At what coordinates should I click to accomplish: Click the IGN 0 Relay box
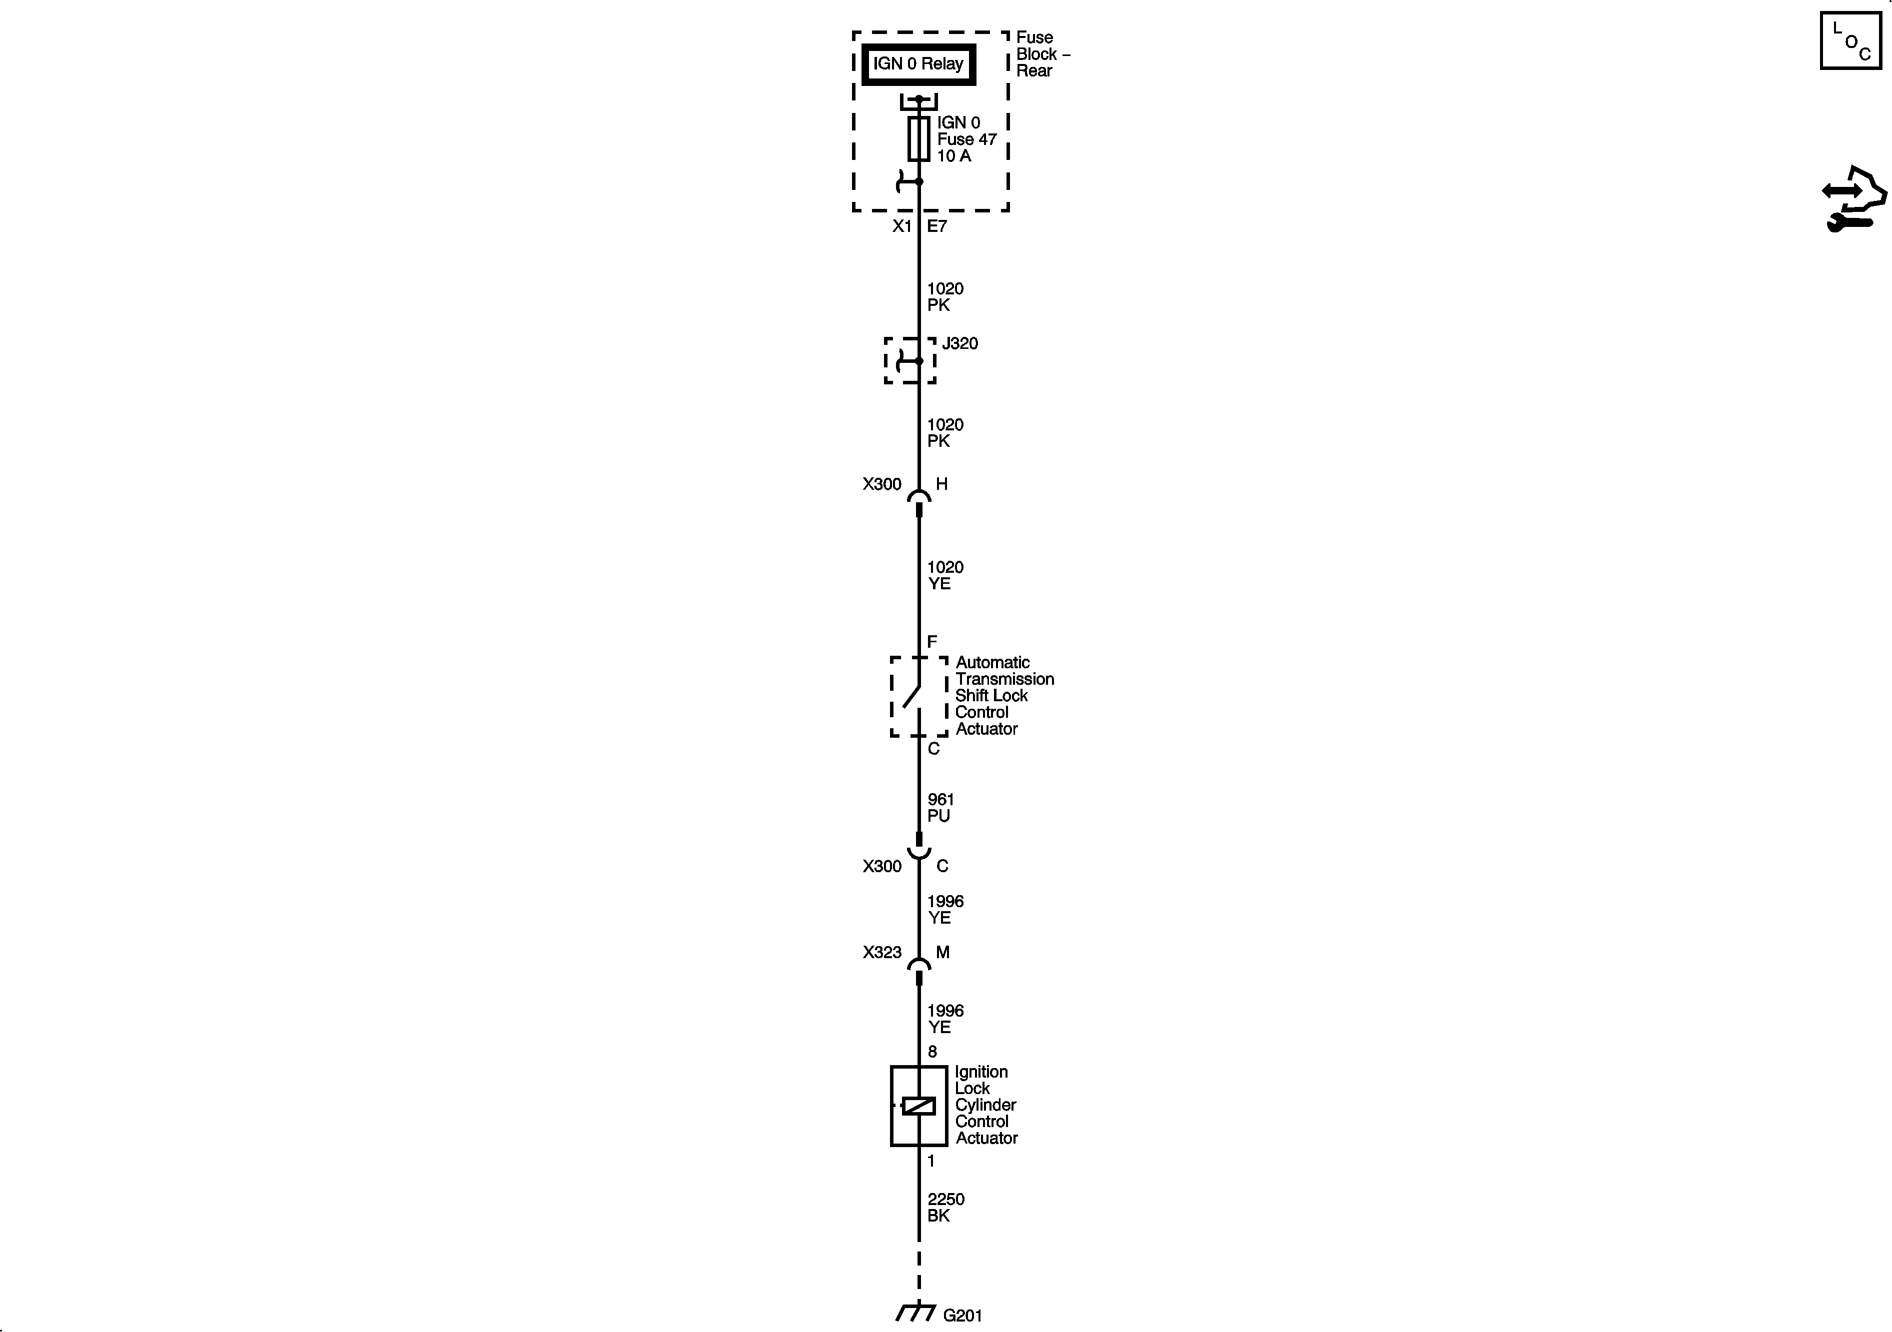[918, 64]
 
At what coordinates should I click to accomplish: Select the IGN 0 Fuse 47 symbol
[919, 138]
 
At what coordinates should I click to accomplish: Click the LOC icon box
[1850, 40]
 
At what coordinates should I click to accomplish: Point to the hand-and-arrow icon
[1853, 199]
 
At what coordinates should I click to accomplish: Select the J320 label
[960, 343]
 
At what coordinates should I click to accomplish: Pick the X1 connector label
[901, 226]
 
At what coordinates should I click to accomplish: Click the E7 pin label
[937, 226]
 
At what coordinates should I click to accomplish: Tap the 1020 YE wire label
[944, 575]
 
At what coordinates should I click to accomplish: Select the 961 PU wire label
[940, 807]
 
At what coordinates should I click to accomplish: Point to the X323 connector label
[881, 952]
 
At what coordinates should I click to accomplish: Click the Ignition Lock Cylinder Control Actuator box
[918, 1106]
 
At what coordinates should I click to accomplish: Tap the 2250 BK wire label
[945, 1207]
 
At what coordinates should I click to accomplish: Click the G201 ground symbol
[915, 1312]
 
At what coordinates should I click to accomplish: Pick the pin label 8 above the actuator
[932, 1052]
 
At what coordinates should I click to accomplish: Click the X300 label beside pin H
[881, 484]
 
